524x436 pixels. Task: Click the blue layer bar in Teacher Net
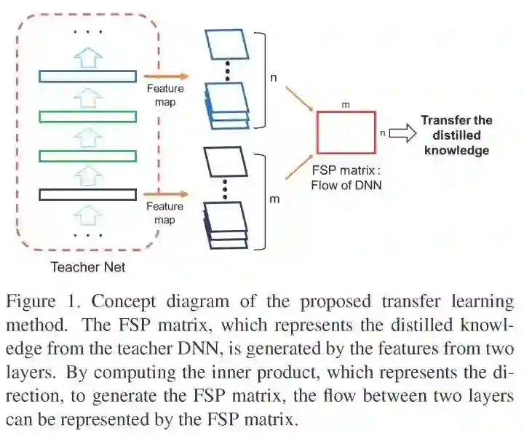point(87,76)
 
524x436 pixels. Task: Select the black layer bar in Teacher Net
point(87,194)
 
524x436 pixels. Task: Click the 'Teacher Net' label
point(87,267)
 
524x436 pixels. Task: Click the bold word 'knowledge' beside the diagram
point(456,151)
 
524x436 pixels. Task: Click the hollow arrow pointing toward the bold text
point(402,133)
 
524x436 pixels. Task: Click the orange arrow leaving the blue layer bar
point(166,76)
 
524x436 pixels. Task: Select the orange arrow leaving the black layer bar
point(166,194)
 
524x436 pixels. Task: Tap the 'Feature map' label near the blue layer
point(165,95)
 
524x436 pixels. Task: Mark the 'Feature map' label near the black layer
point(164,213)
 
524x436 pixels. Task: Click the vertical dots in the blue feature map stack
point(227,72)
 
